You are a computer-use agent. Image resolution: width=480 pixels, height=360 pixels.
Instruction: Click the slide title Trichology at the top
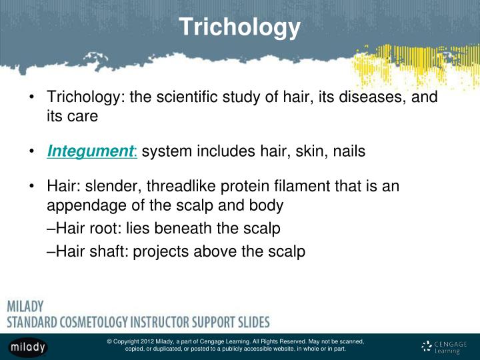pos(239,27)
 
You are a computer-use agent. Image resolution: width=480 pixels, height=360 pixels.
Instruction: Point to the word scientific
pos(190,97)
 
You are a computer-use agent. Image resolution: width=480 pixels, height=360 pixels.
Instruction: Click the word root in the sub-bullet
pos(102,229)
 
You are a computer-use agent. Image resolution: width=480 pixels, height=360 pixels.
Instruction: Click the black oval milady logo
pos(27,346)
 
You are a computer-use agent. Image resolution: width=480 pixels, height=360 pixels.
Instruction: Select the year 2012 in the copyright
pos(153,341)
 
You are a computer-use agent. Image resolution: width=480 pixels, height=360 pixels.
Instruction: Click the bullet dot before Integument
pos(33,151)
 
